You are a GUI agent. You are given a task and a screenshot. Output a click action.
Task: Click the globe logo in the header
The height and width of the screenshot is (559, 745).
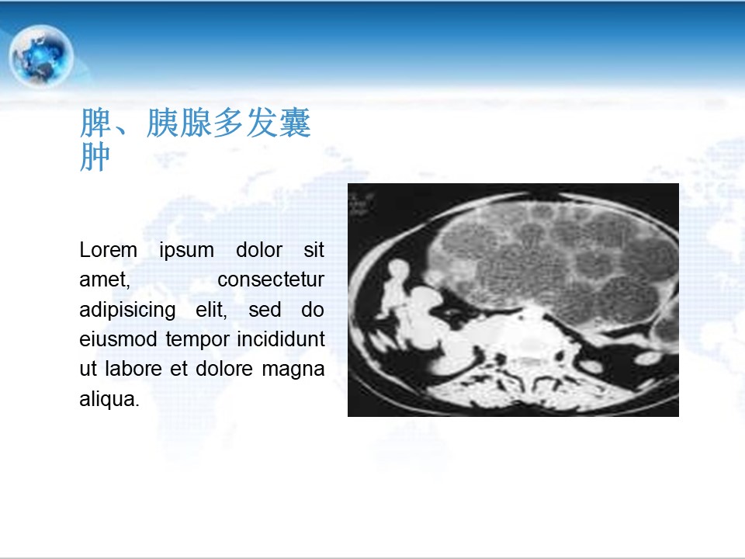41,56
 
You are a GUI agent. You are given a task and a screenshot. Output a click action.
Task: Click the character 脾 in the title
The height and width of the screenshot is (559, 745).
95,123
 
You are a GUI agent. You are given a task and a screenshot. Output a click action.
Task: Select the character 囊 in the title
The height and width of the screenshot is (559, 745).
295,123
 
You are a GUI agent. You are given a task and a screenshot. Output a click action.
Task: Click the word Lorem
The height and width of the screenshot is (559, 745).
109,250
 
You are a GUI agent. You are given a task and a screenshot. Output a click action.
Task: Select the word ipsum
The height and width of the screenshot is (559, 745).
186,251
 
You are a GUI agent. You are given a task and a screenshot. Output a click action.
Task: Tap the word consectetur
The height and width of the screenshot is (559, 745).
271,280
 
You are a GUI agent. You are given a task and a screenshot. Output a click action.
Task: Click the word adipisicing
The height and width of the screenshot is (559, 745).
127,311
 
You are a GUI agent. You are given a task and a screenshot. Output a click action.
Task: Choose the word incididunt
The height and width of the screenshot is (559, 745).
281,339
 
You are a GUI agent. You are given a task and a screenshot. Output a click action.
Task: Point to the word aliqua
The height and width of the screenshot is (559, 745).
109,400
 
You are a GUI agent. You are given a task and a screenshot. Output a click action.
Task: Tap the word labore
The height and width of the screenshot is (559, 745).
133,369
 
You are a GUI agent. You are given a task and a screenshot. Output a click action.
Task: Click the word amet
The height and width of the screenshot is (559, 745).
105,280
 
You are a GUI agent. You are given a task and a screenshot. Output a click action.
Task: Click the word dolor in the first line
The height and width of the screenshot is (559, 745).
259,250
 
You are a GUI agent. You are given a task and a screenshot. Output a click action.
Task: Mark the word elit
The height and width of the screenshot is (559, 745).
211,310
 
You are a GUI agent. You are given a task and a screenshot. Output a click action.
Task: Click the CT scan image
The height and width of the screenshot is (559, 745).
513,300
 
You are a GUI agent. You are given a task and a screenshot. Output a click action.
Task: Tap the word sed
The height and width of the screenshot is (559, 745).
265,310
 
